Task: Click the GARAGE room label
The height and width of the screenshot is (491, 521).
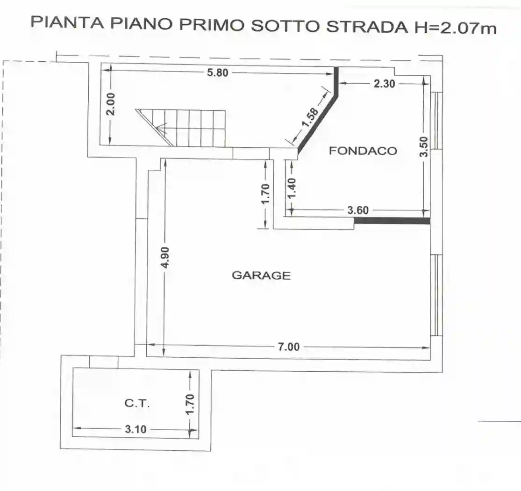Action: tap(261, 275)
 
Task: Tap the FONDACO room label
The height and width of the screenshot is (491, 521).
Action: tap(363, 151)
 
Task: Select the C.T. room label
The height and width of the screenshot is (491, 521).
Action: tap(137, 404)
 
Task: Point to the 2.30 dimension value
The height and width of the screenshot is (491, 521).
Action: tap(385, 84)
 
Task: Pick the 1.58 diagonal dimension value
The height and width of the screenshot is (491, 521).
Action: tap(310, 117)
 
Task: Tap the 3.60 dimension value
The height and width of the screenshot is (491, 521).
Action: tap(358, 210)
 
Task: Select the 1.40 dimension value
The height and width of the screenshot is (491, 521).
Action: tap(292, 188)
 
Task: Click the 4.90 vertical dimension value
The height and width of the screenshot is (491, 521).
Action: tap(164, 258)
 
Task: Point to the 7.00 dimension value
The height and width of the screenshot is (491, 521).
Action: tap(288, 347)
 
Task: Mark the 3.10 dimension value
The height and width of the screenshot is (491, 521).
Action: tap(136, 429)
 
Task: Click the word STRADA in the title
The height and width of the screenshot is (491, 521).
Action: tap(367, 26)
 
